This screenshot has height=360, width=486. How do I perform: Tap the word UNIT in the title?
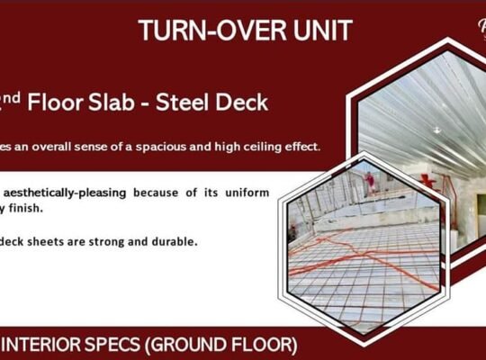[x=320, y=30]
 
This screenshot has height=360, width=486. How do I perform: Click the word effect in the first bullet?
[x=303, y=147]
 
